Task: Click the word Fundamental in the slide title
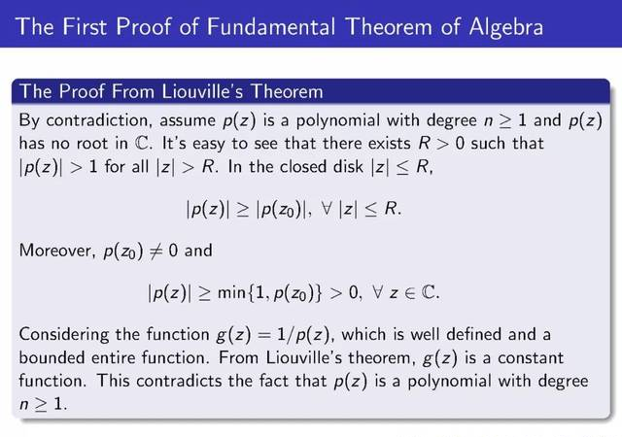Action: pyautogui.click(x=270, y=27)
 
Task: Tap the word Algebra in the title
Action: pyautogui.click(x=505, y=28)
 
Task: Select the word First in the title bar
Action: pyautogui.click(x=85, y=27)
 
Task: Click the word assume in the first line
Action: pyautogui.click(x=188, y=121)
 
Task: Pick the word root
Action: pyautogui.click(x=92, y=144)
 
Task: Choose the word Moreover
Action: pyautogui.click(x=57, y=251)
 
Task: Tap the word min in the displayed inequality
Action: pyautogui.click(x=232, y=292)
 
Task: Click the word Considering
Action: pyautogui.click(x=63, y=335)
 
